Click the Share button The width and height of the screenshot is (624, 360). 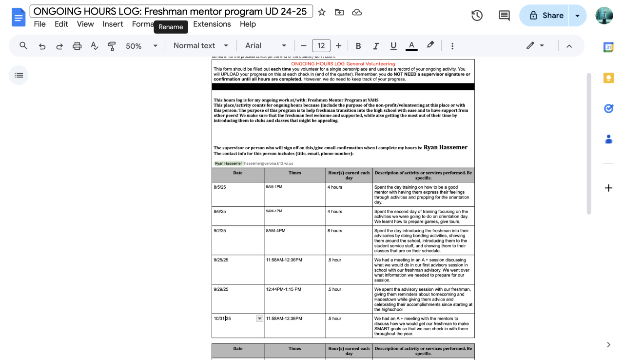(546, 16)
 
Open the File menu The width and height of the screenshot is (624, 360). (39, 24)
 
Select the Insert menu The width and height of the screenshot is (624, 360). (113, 24)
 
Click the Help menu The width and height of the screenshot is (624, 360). (248, 24)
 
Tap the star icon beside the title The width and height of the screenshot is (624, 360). (322, 12)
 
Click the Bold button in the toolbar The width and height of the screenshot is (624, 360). (358, 46)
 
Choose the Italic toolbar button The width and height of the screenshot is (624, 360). (376, 46)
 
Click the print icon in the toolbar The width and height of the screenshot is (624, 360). (77, 46)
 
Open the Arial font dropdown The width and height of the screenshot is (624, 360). (265, 46)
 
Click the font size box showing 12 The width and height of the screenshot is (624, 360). (321, 46)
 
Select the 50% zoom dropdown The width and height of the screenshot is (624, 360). (141, 46)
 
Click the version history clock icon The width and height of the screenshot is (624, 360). (477, 16)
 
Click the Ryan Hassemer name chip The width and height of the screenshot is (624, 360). (229, 163)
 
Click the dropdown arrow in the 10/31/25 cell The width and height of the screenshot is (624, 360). (259, 319)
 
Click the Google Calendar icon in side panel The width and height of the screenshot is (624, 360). (608, 47)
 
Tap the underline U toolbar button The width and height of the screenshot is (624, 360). (393, 46)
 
